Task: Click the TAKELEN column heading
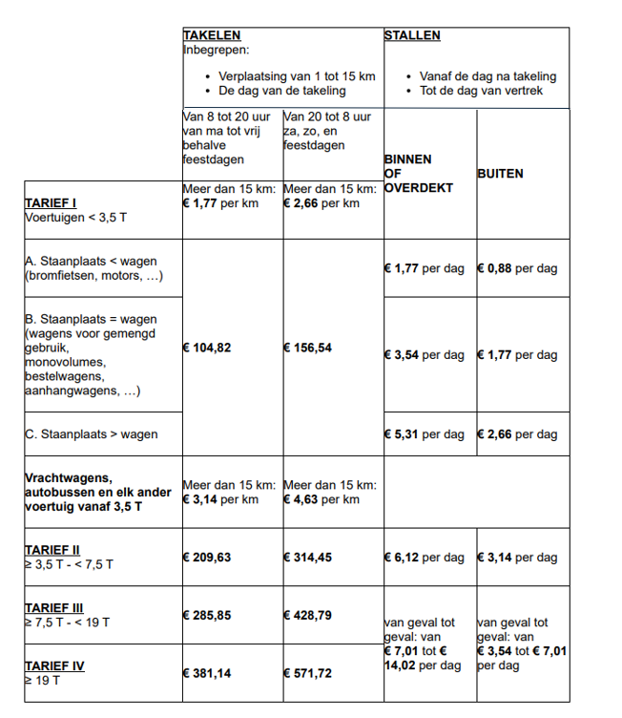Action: (211, 35)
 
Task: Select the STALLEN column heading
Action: (412, 35)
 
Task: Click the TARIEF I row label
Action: (50, 203)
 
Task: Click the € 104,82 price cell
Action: (206, 348)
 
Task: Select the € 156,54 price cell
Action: (307, 348)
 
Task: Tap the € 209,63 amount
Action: (206, 557)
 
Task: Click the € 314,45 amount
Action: (307, 557)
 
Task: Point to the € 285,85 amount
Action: (206, 615)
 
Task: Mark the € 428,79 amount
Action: (307, 615)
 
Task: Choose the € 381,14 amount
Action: (206, 673)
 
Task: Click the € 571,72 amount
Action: (307, 673)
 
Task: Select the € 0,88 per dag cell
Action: (516, 268)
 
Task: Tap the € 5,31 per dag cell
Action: (425, 434)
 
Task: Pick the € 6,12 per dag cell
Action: (425, 557)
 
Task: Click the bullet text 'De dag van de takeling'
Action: (282, 91)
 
